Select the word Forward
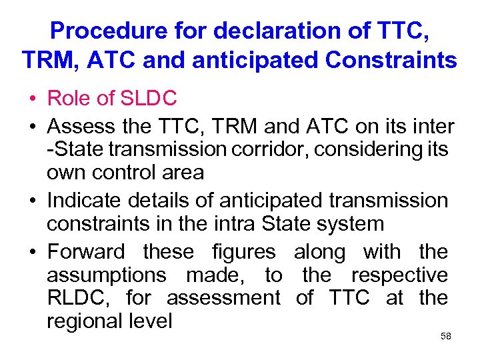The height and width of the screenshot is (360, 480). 86,252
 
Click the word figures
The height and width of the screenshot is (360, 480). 243,252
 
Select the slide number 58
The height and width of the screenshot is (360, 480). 446,336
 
